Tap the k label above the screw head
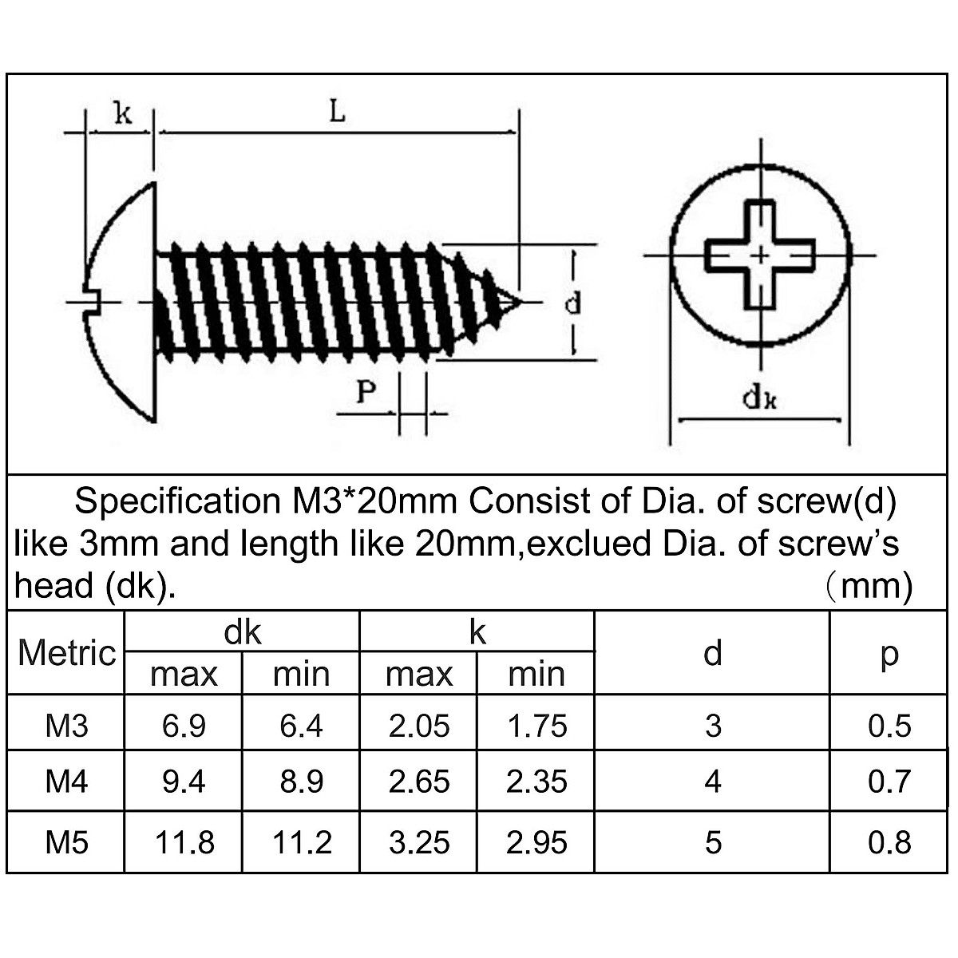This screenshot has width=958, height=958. (121, 113)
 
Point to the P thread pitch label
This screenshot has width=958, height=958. (366, 392)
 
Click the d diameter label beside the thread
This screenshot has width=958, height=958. (572, 303)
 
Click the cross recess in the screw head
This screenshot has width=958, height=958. (760, 255)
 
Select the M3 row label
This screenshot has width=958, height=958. (67, 726)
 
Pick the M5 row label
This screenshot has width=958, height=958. (67, 842)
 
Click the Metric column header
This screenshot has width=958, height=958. (67, 653)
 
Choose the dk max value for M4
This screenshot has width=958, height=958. (184, 782)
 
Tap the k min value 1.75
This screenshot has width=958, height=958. (536, 726)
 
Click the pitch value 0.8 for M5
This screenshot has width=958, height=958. (889, 842)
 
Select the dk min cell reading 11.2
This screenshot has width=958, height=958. (302, 842)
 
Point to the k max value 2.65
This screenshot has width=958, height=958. (419, 782)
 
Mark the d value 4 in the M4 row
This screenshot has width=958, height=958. (713, 782)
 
